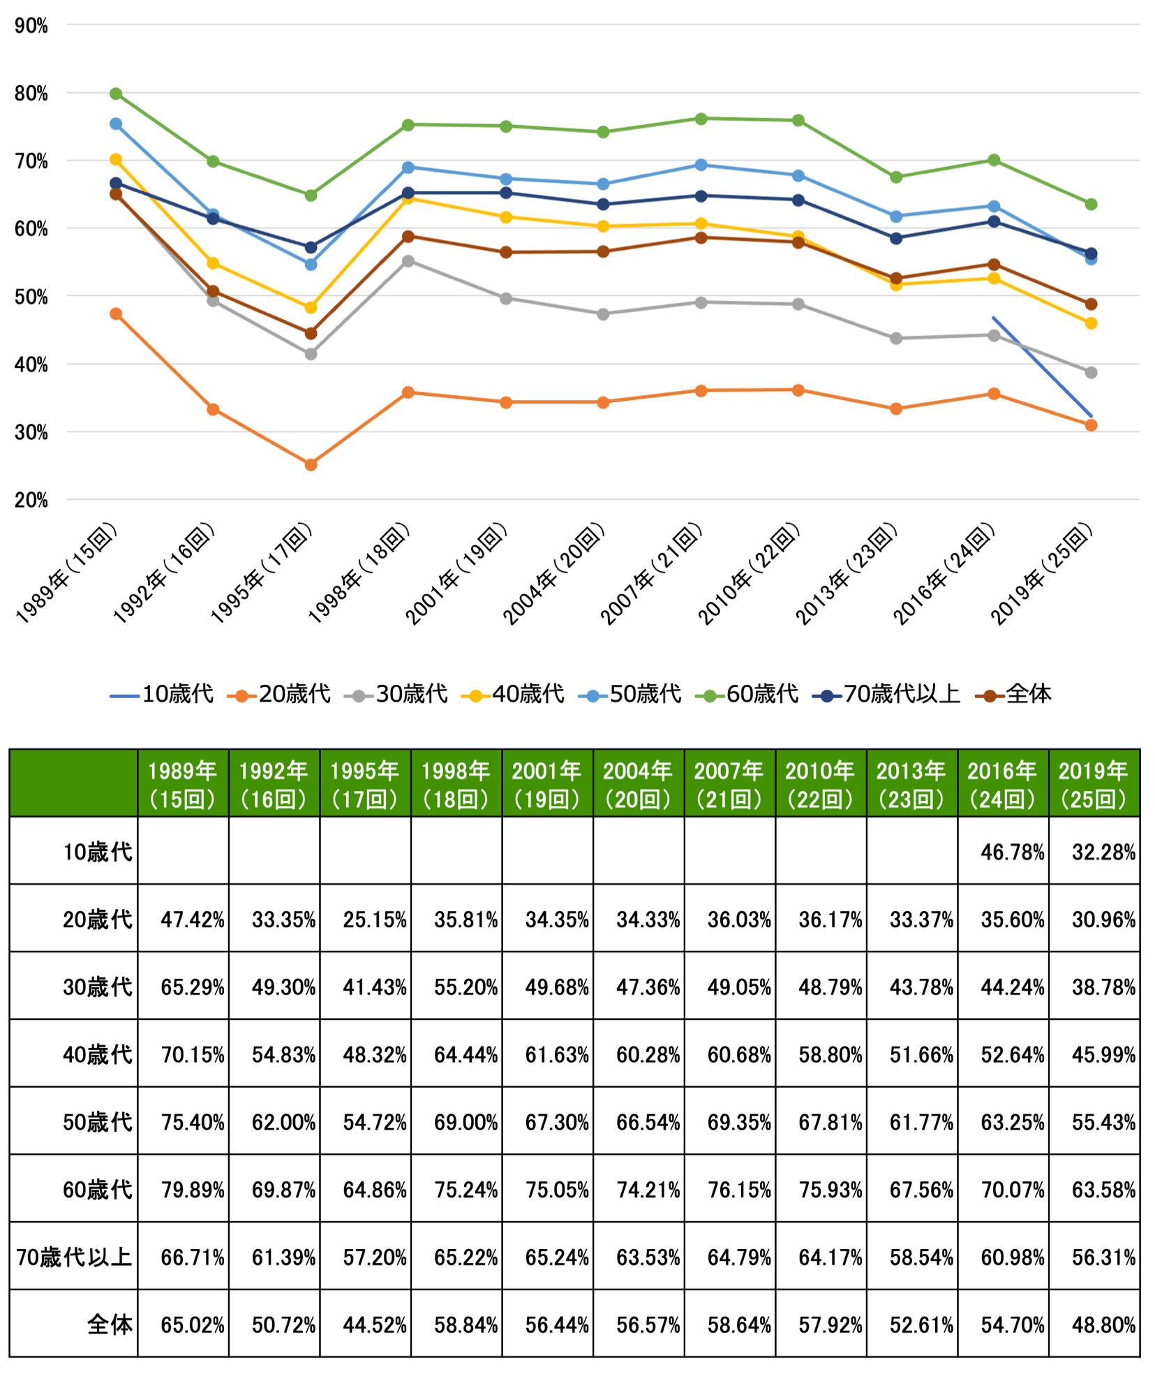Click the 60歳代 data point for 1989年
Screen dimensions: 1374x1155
(x=116, y=94)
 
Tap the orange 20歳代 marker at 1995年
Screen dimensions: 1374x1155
(x=311, y=464)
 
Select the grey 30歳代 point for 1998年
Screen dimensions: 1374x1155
(x=408, y=261)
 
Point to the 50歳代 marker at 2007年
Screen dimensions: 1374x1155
(x=701, y=165)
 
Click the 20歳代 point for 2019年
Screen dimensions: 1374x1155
(x=1091, y=425)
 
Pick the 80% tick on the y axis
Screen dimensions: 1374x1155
(x=31, y=94)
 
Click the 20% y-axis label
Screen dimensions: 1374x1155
(x=31, y=500)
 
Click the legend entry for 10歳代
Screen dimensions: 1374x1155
(x=162, y=694)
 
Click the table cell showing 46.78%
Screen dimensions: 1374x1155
(x=1011, y=852)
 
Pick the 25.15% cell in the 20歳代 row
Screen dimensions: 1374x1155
(x=374, y=919)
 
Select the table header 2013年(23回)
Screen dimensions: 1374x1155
(x=911, y=784)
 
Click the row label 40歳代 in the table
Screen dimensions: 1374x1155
(x=97, y=1054)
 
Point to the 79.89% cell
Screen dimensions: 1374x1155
(x=192, y=1190)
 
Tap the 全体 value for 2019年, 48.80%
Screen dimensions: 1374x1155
(x=1103, y=1324)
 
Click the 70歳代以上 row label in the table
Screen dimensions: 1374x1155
(x=74, y=1257)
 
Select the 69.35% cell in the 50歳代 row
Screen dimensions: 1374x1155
(x=738, y=1122)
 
